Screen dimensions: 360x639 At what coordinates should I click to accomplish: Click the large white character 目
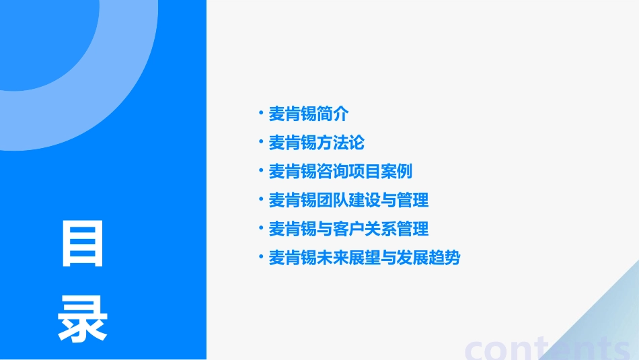(x=83, y=244)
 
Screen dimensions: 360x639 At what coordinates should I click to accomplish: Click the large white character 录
(x=83, y=319)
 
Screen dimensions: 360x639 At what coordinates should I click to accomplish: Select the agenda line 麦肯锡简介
(x=309, y=114)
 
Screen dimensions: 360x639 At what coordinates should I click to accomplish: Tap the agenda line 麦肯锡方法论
(x=317, y=143)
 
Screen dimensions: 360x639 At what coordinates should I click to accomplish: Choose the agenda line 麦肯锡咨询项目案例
(x=340, y=172)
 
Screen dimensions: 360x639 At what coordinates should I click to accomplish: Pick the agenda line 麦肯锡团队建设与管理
(x=348, y=200)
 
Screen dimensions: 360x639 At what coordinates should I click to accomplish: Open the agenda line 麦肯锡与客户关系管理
(x=348, y=229)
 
